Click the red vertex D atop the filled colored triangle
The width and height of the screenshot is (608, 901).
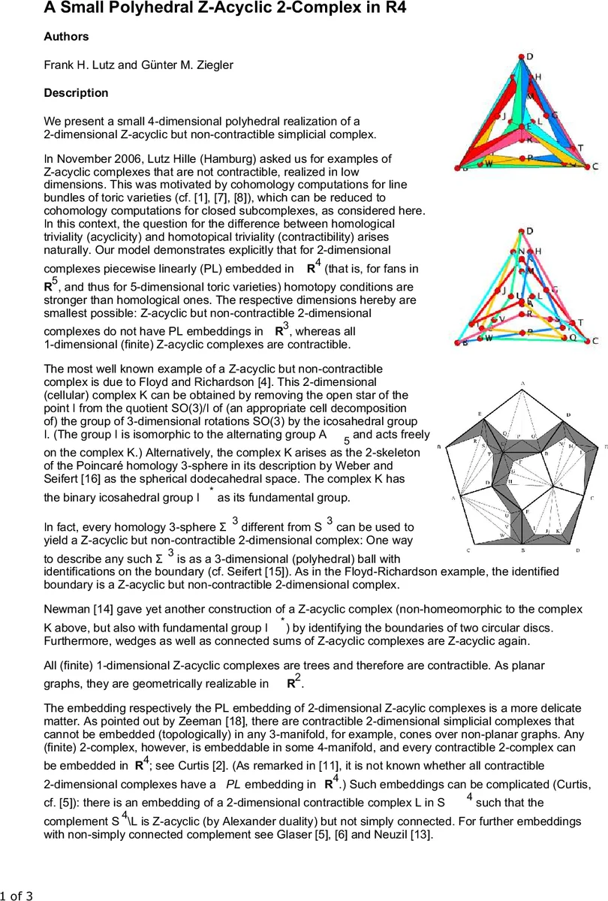[x=520, y=56]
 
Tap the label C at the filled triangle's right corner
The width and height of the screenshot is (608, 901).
[x=595, y=166]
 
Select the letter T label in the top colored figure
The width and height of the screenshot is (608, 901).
[x=580, y=148]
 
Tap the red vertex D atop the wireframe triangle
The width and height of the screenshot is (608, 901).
[x=520, y=231]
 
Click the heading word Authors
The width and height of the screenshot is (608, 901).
[x=66, y=37]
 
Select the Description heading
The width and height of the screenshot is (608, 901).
[x=76, y=93]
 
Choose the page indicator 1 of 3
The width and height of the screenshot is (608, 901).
[x=17, y=894]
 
